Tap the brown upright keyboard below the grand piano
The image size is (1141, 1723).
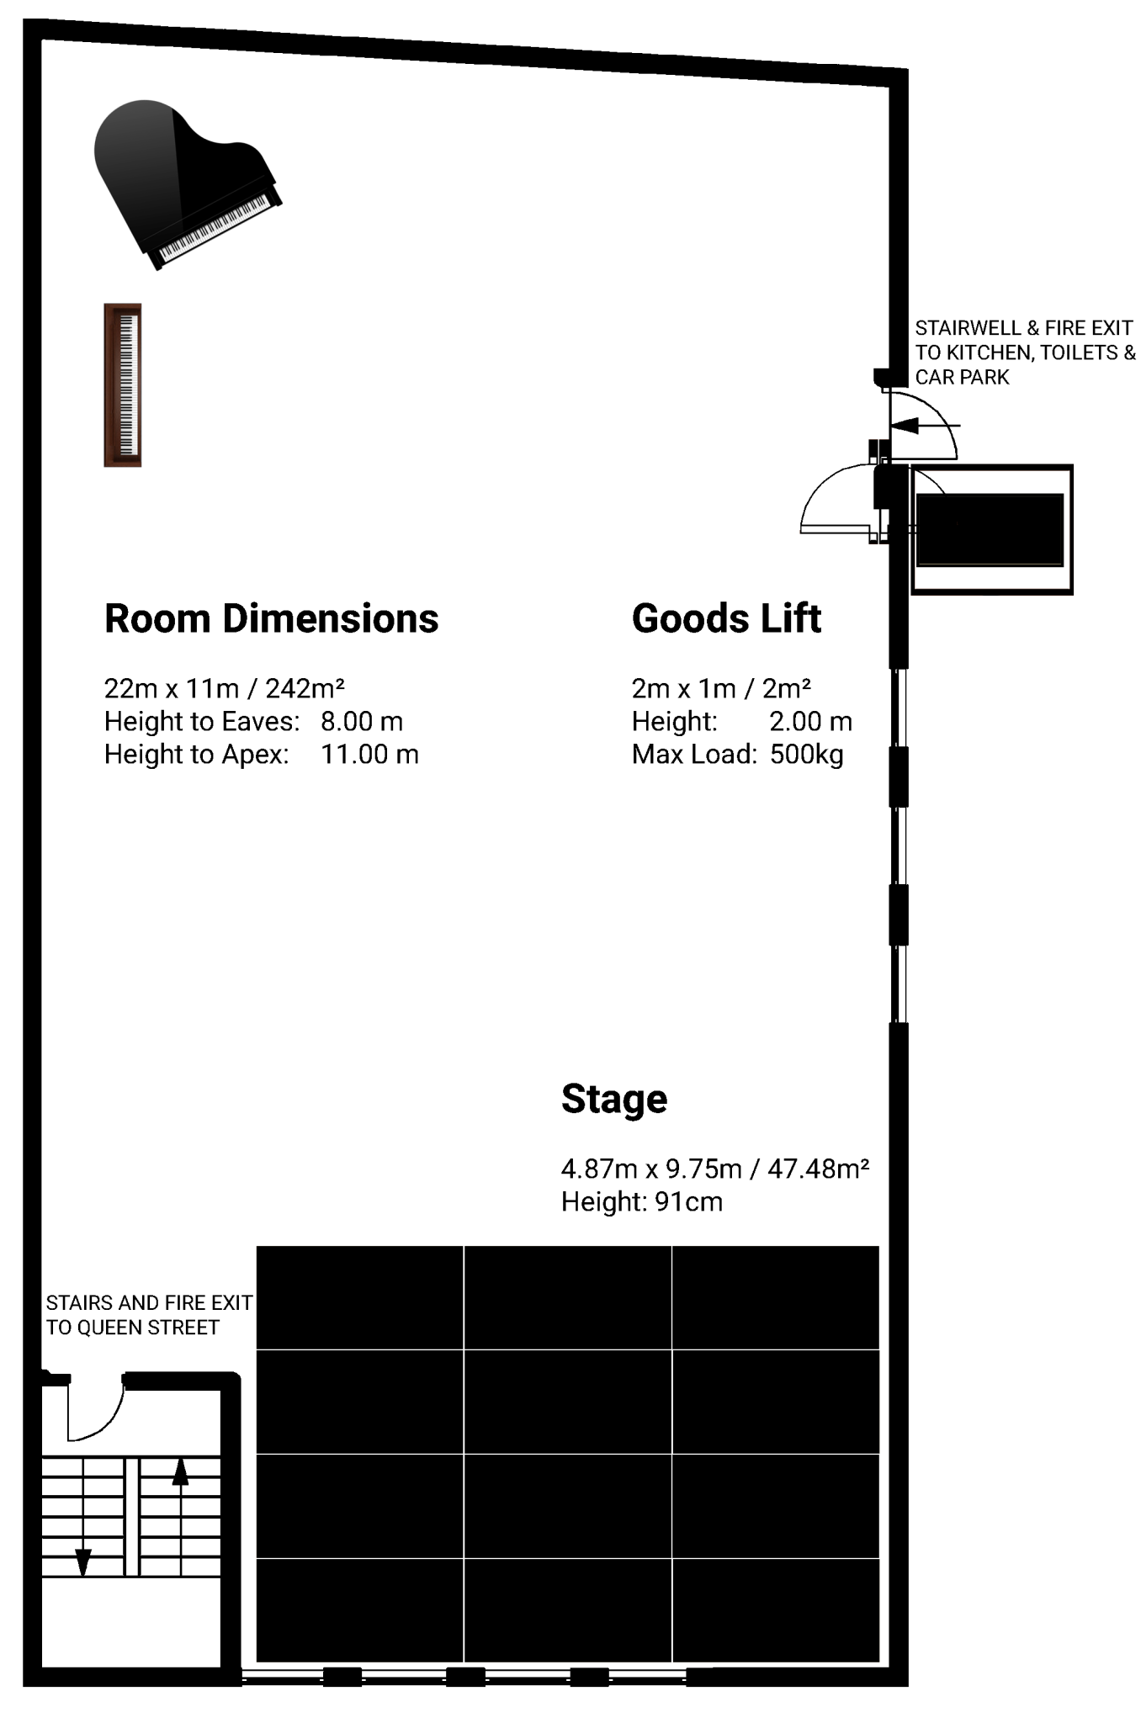point(123,384)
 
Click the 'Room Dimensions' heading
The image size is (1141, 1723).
point(271,618)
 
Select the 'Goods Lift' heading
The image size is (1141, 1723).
point(726,618)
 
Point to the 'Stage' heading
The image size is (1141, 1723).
point(614,1099)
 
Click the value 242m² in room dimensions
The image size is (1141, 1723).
point(305,688)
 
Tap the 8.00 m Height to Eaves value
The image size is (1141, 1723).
point(362,721)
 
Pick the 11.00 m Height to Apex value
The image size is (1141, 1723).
point(369,754)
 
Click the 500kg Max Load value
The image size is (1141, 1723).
point(806,754)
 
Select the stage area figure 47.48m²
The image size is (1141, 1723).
point(818,1169)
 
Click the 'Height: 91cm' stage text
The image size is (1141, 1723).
point(642,1201)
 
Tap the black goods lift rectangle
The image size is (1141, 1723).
point(990,530)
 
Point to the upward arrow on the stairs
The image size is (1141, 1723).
point(180,1472)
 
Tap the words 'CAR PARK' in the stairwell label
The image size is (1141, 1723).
point(962,377)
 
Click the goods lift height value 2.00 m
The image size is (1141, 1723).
point(810,721)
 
